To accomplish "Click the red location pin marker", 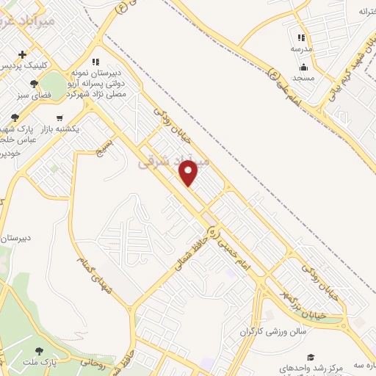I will coord(189,173).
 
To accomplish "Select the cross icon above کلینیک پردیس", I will coord(23,54).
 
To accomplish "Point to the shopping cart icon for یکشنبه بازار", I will coord(59,117).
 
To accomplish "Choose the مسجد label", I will coord(303,77).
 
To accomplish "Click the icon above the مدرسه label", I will coord(301,37).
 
